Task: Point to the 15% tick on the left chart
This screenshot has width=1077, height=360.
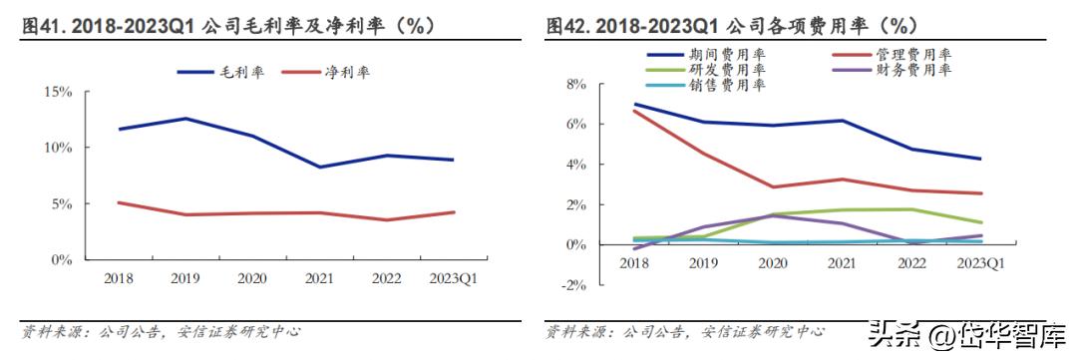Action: [x=58, y=92]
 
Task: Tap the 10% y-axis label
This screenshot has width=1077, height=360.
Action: [x=58, y=148]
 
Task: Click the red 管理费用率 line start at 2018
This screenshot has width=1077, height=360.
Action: [x=635, y=111]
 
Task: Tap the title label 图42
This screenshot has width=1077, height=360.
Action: [x=568, y=25]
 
